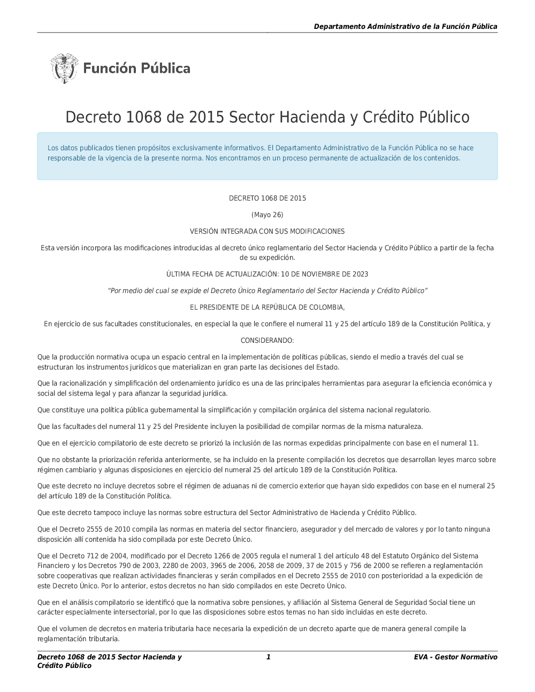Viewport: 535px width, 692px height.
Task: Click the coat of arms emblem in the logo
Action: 64,68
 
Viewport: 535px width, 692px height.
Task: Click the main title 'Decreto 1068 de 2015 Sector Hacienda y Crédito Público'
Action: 267,117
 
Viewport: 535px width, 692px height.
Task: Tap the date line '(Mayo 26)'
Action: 267,215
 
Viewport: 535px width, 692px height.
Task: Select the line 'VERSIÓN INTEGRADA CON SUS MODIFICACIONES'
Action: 267,232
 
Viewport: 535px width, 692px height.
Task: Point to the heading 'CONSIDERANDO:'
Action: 267,341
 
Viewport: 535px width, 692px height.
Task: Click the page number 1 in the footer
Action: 269,657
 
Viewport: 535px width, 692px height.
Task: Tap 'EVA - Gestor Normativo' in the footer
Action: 455,657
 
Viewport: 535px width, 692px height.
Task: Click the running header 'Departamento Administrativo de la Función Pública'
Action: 406,26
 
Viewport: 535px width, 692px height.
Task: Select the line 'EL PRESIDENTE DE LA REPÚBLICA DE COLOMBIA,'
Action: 267,307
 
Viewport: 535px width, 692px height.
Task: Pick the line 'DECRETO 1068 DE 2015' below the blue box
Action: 267,198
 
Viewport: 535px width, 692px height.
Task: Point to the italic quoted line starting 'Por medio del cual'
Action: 267,291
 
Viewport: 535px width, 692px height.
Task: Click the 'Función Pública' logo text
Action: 137,68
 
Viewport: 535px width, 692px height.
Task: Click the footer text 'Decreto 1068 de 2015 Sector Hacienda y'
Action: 109,657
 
